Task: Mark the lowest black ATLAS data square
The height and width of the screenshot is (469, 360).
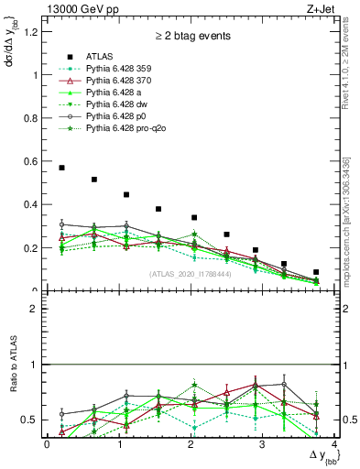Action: click(316, 272)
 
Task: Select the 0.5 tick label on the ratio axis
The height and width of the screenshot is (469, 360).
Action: click(32, 420)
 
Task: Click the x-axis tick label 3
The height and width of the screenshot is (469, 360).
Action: click(262, 444)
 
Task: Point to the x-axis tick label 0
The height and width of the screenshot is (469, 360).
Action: click(47, 444)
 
